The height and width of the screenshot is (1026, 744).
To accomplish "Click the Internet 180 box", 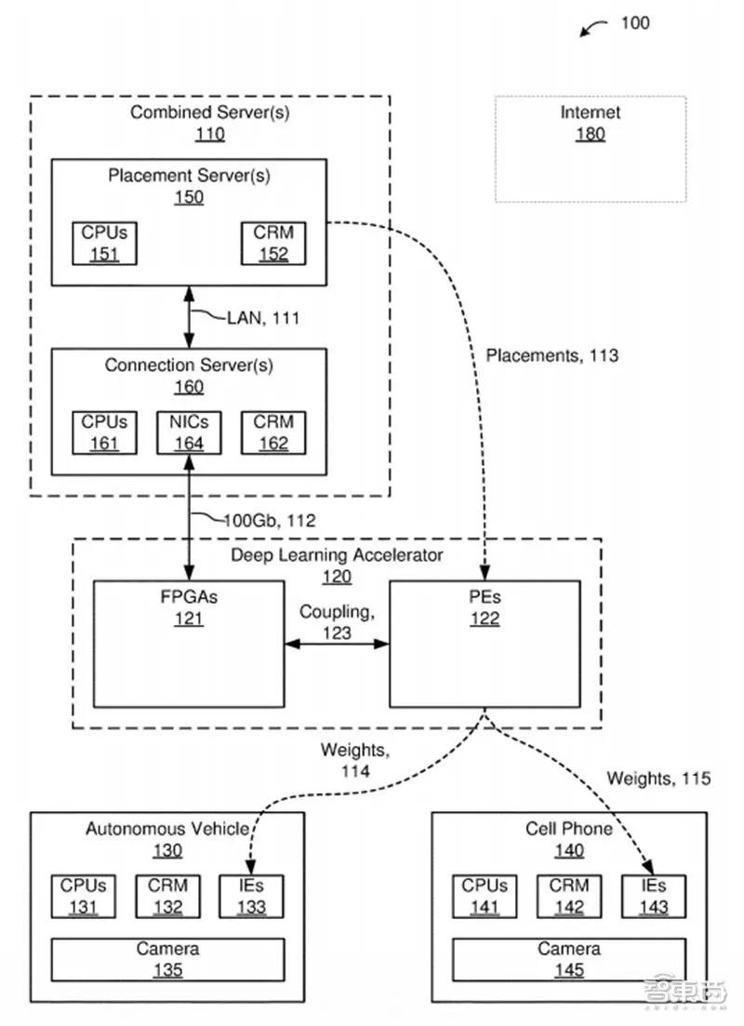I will (x=591, y=149).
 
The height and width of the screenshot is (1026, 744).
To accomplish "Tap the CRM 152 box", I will (x=272, y=243).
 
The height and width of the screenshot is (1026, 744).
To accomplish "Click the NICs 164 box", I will (x=189, y=433).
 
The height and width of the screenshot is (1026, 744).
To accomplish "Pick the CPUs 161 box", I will (x=104, y=433).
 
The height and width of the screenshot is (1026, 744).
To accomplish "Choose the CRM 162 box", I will (x=272, y=433).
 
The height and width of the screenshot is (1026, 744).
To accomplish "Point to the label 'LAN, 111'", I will (x=263, y=318).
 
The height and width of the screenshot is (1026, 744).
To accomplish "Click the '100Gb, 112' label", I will (x=269, y=521).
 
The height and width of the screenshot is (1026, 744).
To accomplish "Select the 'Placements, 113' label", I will (x=551, y=355).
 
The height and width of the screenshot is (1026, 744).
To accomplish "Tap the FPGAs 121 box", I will (x=189, y=644).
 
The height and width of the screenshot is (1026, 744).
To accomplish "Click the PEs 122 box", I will (x=485, y=644).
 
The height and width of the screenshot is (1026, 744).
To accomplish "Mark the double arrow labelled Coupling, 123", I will (x=336, y=643).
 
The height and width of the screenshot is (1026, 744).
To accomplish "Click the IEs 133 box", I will (x=251, y=896).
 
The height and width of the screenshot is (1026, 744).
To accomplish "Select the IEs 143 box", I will (x=654, y=896).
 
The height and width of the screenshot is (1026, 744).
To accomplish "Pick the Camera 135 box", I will (x=168, y=959).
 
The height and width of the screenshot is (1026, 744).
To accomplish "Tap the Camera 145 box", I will (x=569, y=959).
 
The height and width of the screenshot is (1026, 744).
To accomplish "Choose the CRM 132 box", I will (x=167, y=896).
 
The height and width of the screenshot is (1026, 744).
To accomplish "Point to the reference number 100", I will (x=635, y=22).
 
